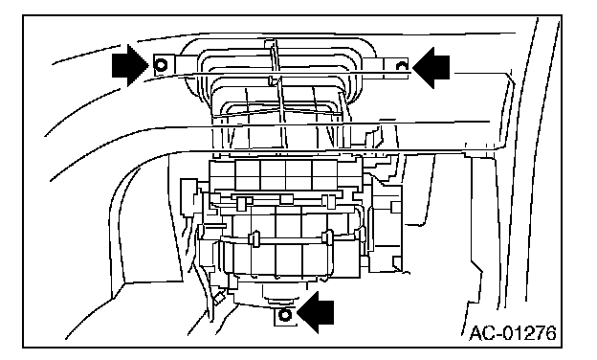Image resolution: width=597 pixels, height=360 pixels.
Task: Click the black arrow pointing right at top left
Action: point(130,65)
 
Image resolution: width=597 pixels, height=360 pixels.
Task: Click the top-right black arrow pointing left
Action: point(431,67)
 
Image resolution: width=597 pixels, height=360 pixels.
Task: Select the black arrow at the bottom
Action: point(316,313)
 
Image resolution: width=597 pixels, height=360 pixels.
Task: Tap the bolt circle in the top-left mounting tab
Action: point(162,65)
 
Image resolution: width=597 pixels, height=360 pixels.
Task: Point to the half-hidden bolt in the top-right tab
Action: point(402,67)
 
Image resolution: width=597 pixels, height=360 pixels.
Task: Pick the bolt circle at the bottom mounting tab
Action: point(285,315)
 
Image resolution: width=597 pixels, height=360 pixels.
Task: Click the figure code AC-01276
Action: point(513,333)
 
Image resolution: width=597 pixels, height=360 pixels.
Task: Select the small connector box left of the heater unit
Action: point(188,198)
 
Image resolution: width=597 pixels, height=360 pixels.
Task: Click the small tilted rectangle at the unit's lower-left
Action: point(219,299)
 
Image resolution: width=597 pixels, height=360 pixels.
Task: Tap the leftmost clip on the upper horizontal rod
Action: point(241,203)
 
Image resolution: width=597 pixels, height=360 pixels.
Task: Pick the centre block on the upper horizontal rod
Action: point(286,199)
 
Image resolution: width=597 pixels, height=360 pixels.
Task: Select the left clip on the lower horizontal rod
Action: point(254,238)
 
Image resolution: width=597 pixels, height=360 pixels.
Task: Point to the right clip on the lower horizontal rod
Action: point(327,237)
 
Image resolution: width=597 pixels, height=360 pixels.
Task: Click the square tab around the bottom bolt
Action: point(285,316)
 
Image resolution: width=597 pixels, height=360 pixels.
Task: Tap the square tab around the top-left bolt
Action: point(164,65)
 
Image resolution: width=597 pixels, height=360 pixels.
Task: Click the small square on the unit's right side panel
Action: point(396,207)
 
